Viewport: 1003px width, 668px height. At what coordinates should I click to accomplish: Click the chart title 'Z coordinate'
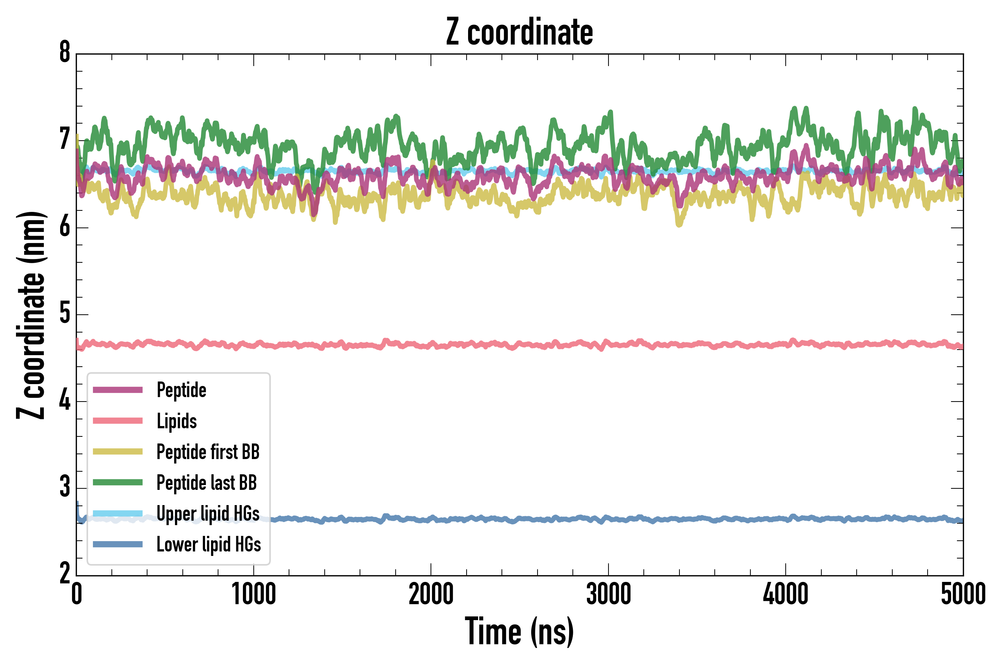(x=519, y=32)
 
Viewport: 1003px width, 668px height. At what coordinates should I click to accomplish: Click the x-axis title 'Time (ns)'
(x=519, y=632)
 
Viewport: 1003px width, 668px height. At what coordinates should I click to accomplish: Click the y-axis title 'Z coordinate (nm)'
(x=31, y=315)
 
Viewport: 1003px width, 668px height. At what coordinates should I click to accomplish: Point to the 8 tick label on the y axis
(x=65, y=52)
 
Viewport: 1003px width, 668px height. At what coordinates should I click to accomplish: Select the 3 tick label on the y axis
(x=65, y=487)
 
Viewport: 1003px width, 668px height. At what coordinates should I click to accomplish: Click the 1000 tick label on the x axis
(x=254, y=594)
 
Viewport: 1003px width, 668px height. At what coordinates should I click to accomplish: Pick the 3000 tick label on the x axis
(x=608, y=594)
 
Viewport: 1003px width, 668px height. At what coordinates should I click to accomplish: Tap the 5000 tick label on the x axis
(x=963, y=594)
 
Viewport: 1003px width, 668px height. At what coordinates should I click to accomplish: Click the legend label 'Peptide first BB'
(x=208, y=452)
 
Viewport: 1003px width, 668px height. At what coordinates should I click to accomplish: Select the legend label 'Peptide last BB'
(x=207, y=483)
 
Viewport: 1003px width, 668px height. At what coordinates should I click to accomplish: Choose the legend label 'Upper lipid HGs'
(x=208, y=513)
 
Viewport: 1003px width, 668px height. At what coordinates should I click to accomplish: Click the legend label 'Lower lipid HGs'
(x=208, y=544)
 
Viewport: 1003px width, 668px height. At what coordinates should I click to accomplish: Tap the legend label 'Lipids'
(x=177, y=421)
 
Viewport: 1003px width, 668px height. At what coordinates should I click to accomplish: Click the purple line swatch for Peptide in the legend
(x=118, y=390)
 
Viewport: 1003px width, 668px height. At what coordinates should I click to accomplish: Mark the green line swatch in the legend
(x=118, y=482)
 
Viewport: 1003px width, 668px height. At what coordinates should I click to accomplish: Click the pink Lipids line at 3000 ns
(x=608, y=343)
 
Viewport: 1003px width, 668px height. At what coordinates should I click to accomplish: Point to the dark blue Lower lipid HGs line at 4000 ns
(x=786, y=519)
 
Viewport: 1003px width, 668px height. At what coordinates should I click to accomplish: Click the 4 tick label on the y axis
(x=65, y=400)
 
